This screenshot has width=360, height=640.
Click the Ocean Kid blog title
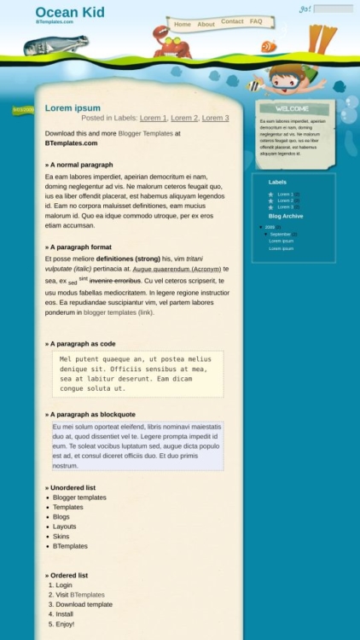70,12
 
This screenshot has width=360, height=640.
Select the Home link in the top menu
183,24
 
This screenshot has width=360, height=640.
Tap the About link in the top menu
206,24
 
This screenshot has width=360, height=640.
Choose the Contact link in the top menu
232,21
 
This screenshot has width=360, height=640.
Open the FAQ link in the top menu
256,21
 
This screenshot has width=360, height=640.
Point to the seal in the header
68,45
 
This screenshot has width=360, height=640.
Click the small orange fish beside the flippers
269,46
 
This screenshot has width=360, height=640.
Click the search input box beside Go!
333,9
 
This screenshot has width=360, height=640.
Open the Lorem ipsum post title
73,108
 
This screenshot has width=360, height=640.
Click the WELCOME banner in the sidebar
293,108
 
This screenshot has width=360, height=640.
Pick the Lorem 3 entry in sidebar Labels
285,207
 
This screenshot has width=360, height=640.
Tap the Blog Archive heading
285,216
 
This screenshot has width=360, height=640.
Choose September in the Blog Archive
281,234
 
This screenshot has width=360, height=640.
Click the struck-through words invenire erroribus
115,280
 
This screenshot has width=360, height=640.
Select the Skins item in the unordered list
61,537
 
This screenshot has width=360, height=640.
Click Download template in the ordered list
84,604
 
